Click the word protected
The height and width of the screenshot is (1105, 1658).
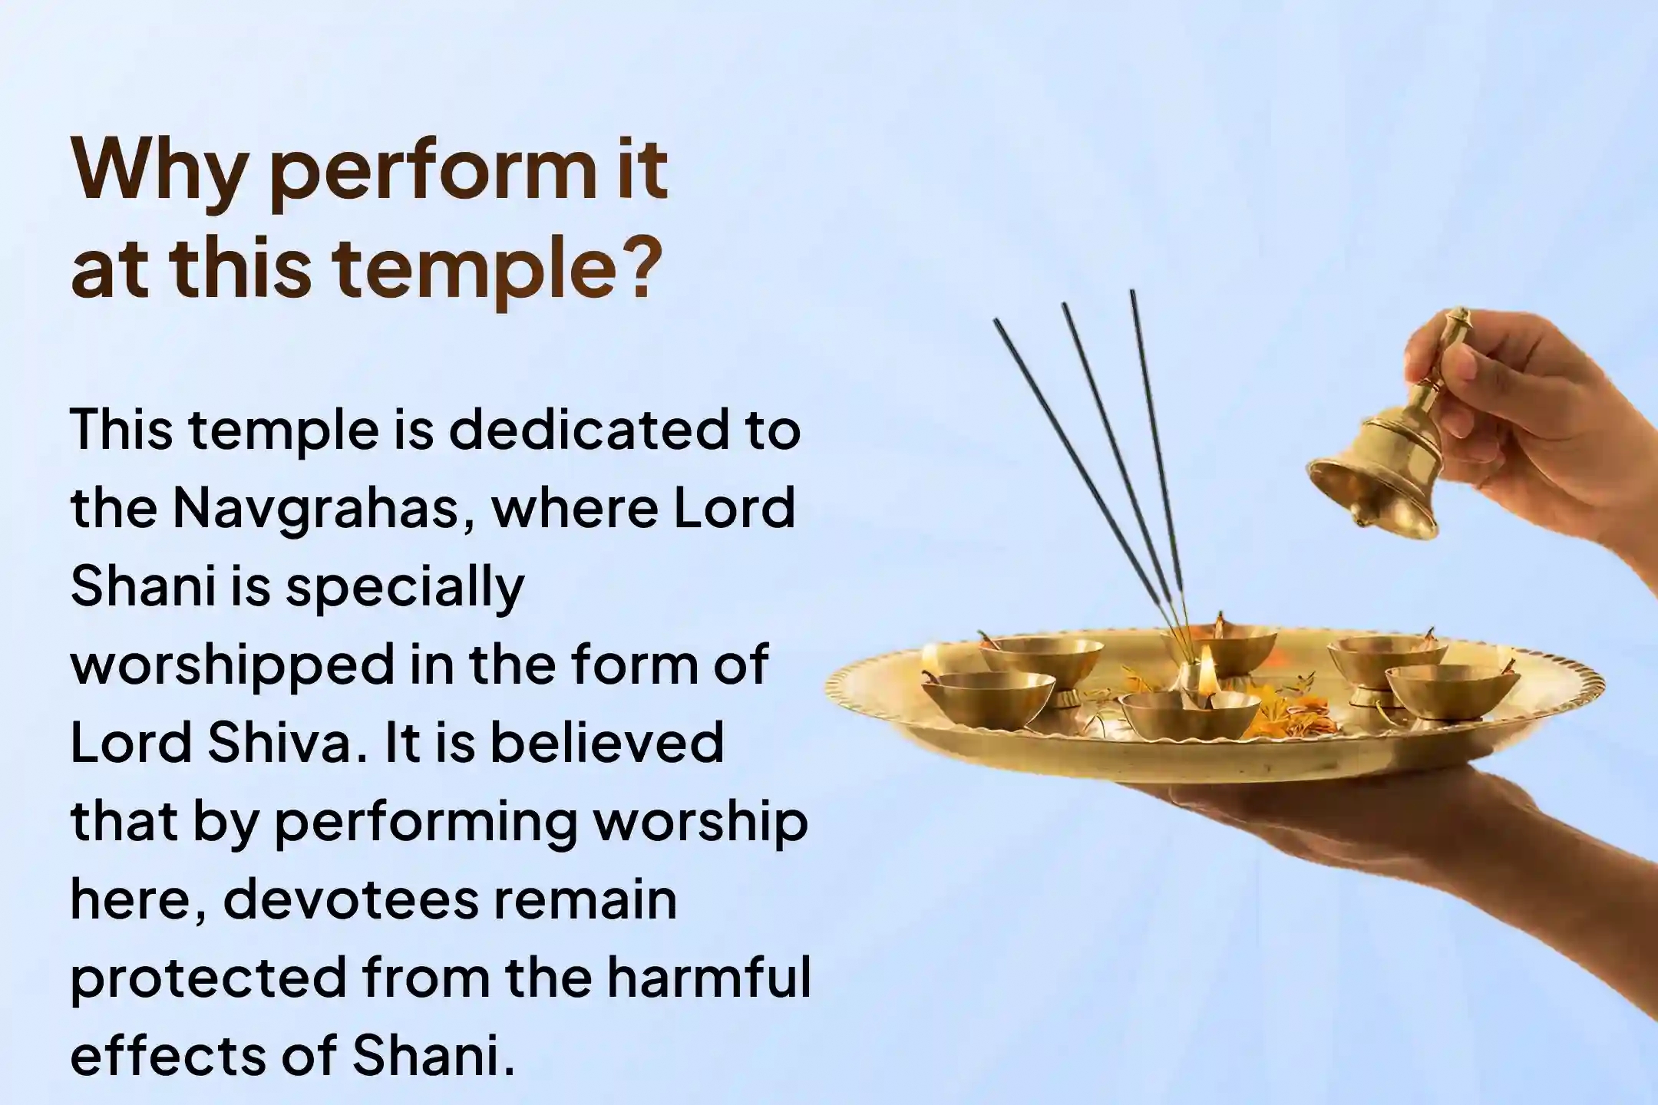(208, 979)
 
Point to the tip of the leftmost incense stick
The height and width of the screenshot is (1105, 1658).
(996, 321)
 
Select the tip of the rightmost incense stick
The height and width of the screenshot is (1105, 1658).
(1131, 292)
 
